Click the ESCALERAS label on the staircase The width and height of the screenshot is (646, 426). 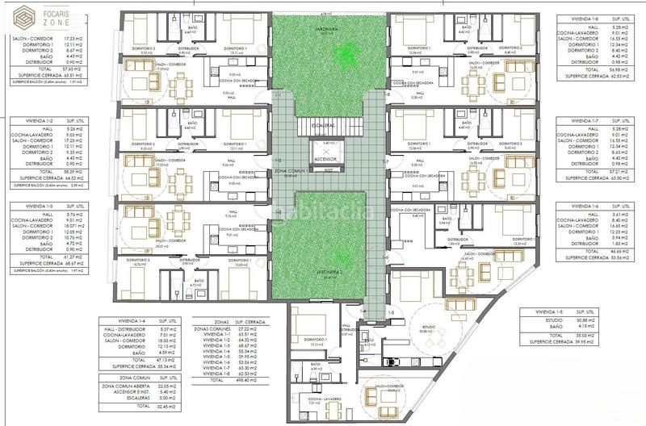click(x=325, y=125)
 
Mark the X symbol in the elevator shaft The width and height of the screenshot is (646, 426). click(x=326, y=150)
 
